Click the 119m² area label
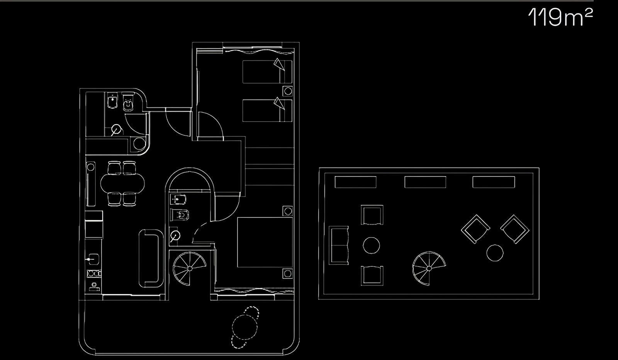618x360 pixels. (560, 17)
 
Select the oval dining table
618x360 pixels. (122, 183)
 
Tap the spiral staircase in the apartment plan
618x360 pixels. (189, 268)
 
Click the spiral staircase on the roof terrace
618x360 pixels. (429, 268)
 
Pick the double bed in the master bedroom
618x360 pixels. (265, 242)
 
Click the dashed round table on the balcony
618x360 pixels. (245, 327)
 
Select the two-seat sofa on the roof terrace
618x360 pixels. (338, 245)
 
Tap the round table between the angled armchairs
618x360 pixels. (495, 253)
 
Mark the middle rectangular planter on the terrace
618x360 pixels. (425, 182)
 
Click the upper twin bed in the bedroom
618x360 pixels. (267, 72)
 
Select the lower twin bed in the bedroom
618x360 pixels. (267, 110)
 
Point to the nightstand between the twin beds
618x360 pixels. (288, 91)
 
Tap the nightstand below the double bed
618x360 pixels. (287, 273)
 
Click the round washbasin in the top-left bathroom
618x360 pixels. (117, 129)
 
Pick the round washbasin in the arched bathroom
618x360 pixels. (175, 236)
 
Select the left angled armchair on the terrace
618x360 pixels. (475, 229)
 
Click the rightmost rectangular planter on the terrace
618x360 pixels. (494, 182)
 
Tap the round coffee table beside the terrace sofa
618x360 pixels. (371, 245)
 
